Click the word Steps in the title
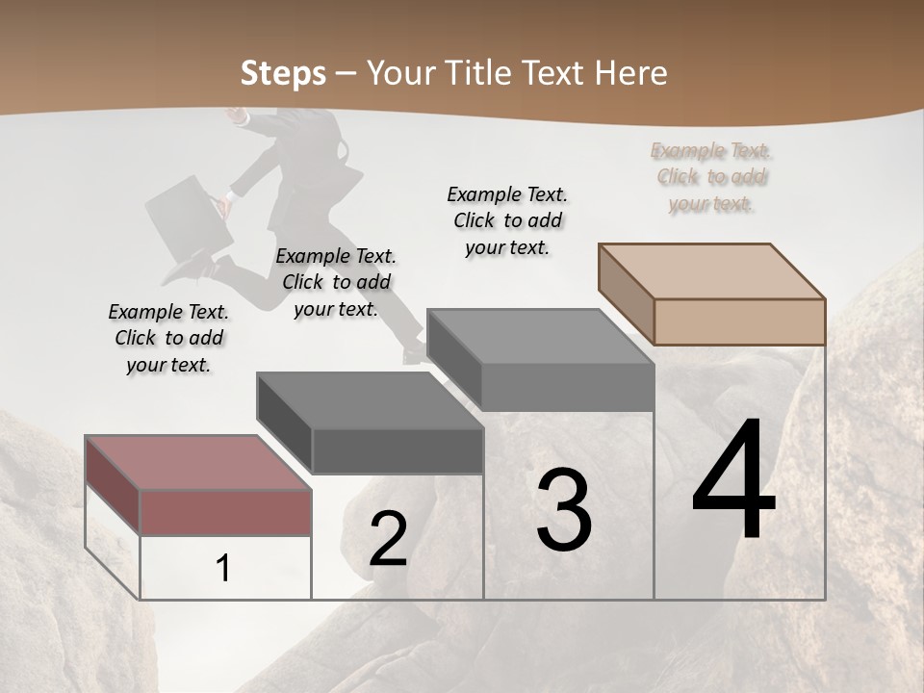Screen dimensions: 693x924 click(x=282, y=73)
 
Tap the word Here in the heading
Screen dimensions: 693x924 click(x=631, y=73)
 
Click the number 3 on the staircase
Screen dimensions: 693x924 click(x=564, y=511)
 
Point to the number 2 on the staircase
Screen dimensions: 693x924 click(x=388, y=539)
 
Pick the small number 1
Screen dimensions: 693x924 click(x=223, y=569)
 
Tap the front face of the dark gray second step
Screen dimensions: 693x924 click(x=398, y=450)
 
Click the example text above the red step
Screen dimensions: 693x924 click(x=168, y=339)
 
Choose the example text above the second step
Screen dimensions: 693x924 click(x=336, y=282)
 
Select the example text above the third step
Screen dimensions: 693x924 click(x=507, y=220)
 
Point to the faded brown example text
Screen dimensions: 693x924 click(x=711, y=177)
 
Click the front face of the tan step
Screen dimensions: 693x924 click(x=739, y=321)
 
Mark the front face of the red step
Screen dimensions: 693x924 click(x=225, y=511)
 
